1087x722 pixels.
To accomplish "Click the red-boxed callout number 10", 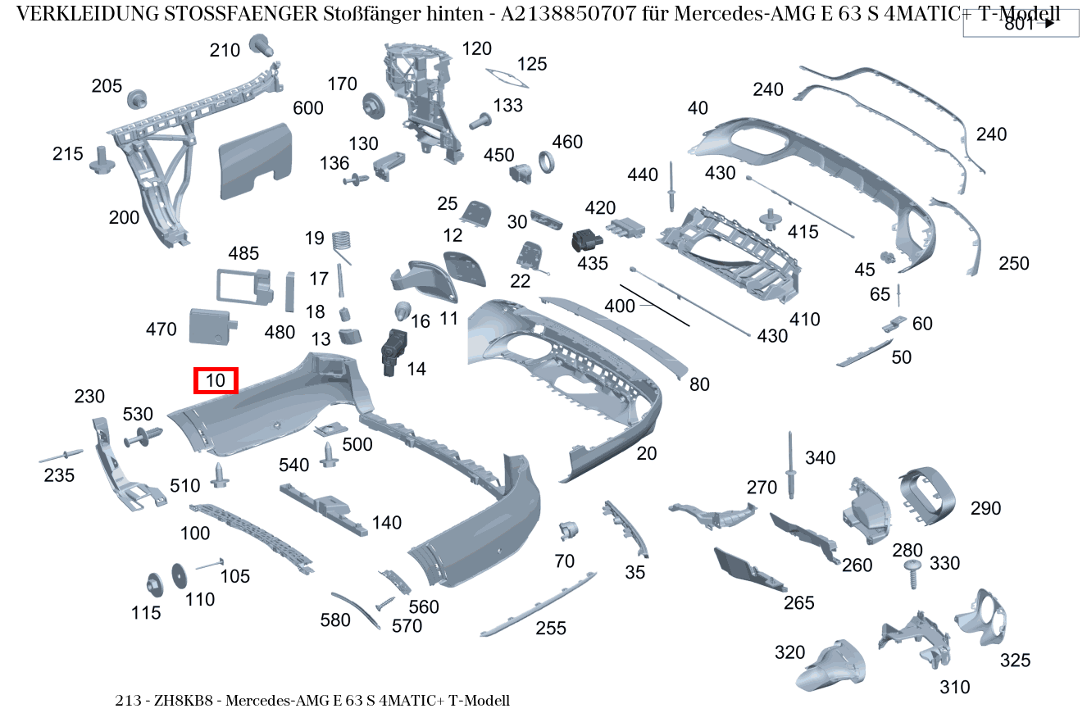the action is click(x=216, y=380).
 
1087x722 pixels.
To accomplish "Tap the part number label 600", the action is click(x=308, y=107).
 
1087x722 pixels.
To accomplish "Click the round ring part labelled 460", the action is click(x=547, y=162).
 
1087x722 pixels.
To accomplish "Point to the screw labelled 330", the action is click(x=913, y=574).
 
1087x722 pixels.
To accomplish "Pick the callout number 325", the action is click(x=1015, y=661).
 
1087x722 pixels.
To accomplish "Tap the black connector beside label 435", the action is click(x=586, y=240).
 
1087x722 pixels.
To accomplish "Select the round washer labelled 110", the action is click(x=180, y=576).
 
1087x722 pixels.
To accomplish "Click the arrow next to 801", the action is click(x=1049, y=23).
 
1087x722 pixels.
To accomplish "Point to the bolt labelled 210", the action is click(x=261, y=45).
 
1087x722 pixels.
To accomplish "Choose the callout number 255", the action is click(x=551, y=629).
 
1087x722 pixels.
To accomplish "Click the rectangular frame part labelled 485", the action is click(x=244, y=287).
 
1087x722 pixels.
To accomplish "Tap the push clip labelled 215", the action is click(x=102, y=161).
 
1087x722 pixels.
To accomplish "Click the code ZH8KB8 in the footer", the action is click(x=184, y=701).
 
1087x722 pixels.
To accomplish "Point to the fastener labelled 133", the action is click(x=480, y=121).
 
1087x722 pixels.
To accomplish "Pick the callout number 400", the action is click(x=620, y=307).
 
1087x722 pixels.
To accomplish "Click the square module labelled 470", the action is click(x=212, y=327).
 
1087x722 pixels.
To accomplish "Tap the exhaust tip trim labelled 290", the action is click(x=927, y=497).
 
